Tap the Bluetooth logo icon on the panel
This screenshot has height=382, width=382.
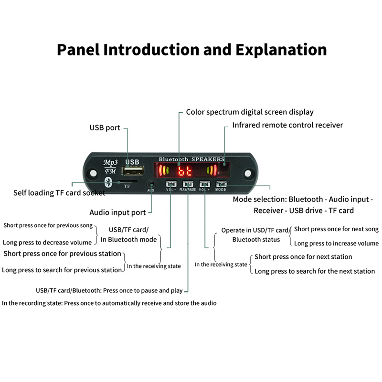pyautogui.click(x=108, y=182)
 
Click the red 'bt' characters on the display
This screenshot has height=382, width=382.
pyautogui.click(x=184, y=171)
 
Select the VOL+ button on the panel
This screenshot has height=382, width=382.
pyautogui.click(x=205, y=184)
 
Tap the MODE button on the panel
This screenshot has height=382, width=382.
pyautogui.click(x=221, y=184)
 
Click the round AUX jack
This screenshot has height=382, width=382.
pyautogui.click(x=151, y=183)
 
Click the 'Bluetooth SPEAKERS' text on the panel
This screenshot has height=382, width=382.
pyautogui.click(x=191, y=159)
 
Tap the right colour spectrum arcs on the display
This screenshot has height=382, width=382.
pyautogui.click(x=210, y=171)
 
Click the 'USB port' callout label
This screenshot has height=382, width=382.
pyautogui.click(x=105, y=128)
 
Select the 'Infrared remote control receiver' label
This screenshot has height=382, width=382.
pyautogui.click(x=287, y=125)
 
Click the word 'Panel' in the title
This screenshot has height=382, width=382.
pyautogui.click(x=78, y=50)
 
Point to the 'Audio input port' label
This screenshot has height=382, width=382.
pyautogui.click(x=118, y=212)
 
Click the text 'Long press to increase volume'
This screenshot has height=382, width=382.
pyautogui.click(x=336, y=244)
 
